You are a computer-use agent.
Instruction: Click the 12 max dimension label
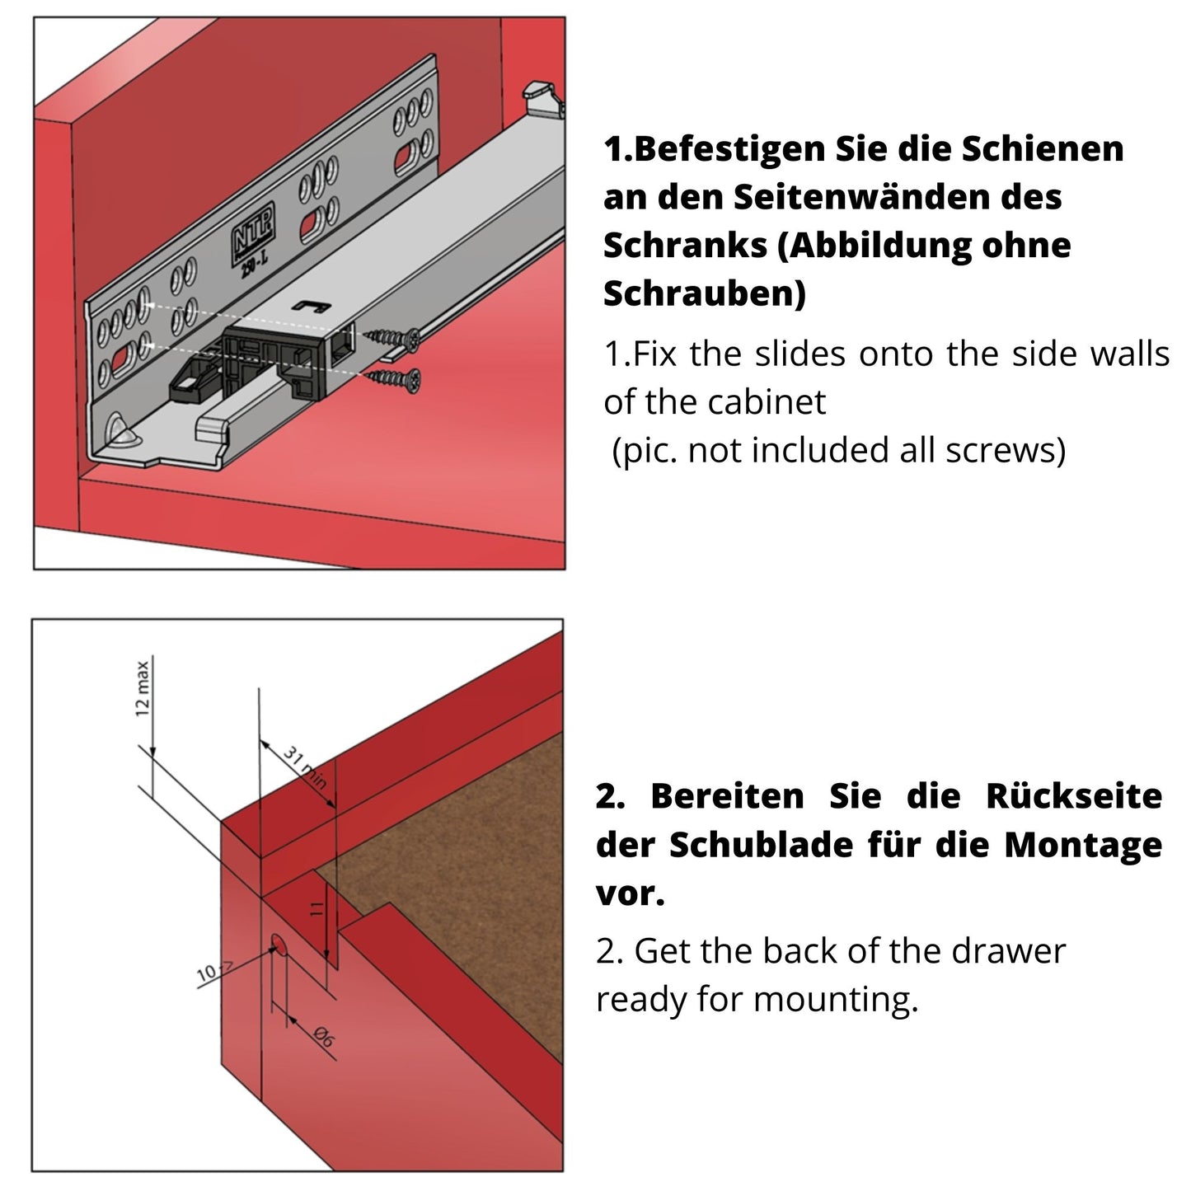pyautogui.click(x=143, y=687)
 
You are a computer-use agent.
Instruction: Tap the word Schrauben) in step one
pyautogui.click(x=705, y=293)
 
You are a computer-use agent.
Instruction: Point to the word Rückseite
pyautogui.click(x=1073, y=797)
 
